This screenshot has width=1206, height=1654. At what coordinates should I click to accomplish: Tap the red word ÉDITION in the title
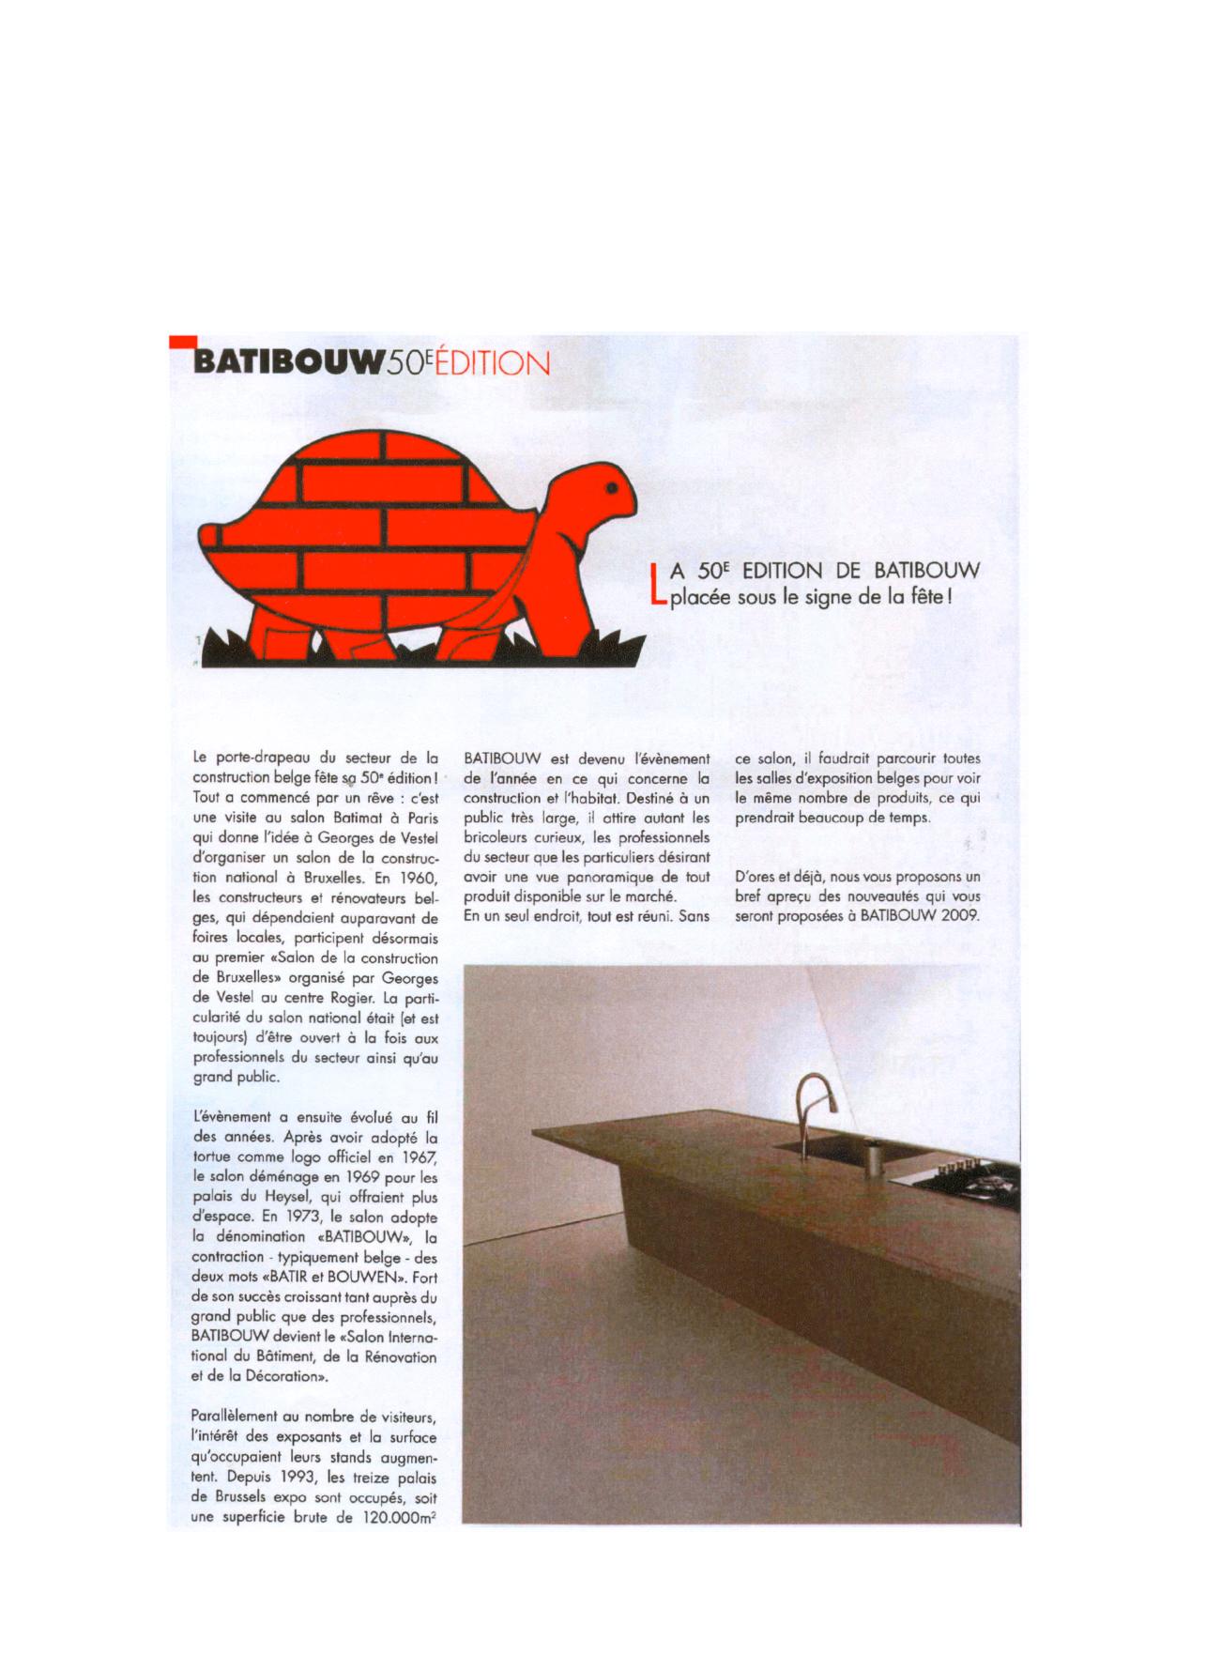click(x=487, y=363)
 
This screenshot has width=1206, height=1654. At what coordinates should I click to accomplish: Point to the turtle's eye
click(x=612, y=489)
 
